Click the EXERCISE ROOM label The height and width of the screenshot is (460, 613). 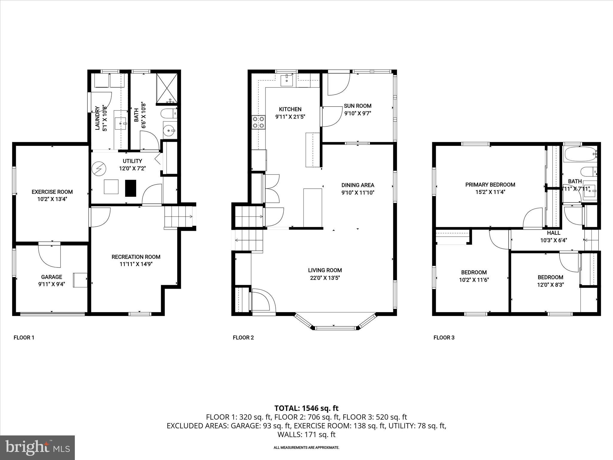(52, 192)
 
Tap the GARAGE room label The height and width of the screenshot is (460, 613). (51, 277)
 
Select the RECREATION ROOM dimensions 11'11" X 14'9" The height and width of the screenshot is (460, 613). (136, 264)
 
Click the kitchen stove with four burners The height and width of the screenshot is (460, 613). (259, 122)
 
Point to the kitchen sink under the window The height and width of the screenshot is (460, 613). (287, 80)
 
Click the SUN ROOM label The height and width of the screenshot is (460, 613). (357, 106)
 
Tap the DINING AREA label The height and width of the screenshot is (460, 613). (358, 185)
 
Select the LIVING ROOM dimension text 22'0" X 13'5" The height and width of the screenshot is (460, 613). (325, 278)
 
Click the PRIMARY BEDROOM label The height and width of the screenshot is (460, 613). (490, 185)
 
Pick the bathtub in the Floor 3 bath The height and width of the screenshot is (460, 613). (580, 154)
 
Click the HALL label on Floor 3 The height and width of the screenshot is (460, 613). (553, 233)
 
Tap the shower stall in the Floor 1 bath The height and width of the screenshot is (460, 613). (167, 87)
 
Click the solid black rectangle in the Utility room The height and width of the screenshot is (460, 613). (131, 188)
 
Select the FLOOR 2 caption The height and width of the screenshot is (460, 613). (243, 338)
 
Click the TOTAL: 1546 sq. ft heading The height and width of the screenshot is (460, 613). (306, 408)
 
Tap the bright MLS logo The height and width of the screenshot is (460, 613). (37, 447)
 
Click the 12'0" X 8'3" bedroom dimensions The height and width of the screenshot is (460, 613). (550, 285)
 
